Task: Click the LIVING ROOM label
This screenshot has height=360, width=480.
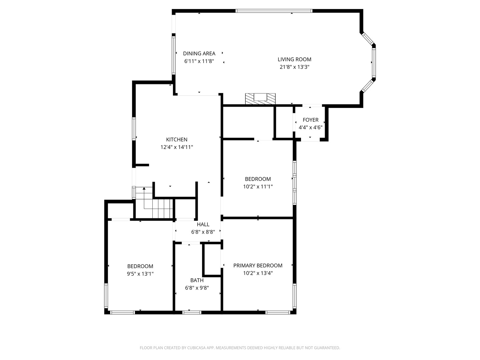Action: pos(294,59)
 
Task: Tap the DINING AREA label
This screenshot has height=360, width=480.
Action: pos(199,53)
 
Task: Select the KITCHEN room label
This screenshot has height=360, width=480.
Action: pos(177,140)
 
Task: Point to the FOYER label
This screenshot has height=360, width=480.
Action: pos(310,120)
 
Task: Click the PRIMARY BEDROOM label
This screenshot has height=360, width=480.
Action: pos(258,266)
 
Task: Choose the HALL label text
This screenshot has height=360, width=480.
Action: pos(203,225)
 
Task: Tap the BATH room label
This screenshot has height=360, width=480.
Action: pos(197,280)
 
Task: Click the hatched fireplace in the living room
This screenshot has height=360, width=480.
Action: pos(260,98)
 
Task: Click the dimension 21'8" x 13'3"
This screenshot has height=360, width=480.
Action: pos(294,67)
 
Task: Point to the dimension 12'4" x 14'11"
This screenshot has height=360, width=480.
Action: pos(177,147)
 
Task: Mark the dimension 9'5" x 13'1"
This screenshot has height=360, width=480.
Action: pos(140,274)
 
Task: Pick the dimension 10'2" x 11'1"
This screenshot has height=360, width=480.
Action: pos(258,187)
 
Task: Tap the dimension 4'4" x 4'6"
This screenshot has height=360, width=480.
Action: pos(310,127)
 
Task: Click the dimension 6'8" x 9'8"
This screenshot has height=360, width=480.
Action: pos(197,288)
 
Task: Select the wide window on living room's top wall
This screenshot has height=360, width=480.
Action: pos(274,11)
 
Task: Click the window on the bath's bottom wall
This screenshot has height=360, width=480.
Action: pos(192,312)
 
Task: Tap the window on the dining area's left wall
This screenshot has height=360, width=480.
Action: pos(173,55)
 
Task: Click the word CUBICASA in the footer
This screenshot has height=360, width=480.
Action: pos(193,348)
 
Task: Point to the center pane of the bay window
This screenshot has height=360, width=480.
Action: pos(374,62)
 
